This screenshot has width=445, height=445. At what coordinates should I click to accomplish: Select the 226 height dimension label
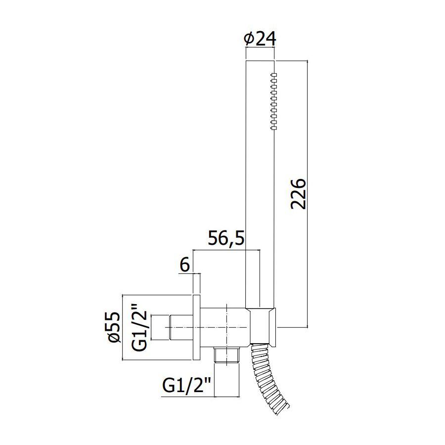point(298,194)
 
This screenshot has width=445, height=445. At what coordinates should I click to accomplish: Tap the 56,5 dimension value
point(226,238)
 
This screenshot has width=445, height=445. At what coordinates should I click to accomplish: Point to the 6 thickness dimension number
point(184,265)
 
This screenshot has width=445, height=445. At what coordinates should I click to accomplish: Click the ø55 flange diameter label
point(114,327)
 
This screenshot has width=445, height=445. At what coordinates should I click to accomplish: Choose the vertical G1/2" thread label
point(139,327)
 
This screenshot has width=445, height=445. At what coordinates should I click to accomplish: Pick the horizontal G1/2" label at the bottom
point(186,385)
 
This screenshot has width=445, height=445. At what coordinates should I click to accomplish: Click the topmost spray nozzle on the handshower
point(273,75)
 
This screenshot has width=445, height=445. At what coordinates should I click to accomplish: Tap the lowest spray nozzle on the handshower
point(273,128)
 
